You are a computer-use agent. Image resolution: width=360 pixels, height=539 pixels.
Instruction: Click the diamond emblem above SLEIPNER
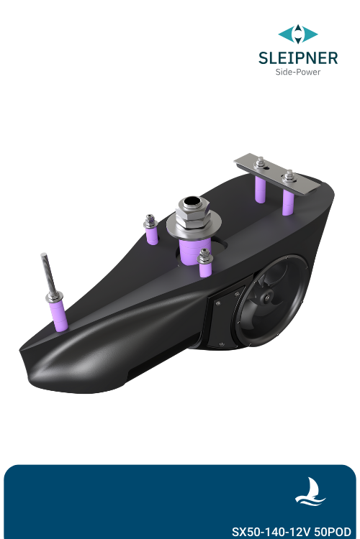298,33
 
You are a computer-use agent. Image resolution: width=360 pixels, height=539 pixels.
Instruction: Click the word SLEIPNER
297,57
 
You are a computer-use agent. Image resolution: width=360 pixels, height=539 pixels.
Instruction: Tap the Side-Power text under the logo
298,72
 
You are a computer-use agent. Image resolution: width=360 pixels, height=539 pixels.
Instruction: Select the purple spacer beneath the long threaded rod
57,315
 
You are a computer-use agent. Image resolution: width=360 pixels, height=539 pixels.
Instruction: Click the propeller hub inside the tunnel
268,297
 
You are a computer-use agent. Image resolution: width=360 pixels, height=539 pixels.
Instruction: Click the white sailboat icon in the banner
311,492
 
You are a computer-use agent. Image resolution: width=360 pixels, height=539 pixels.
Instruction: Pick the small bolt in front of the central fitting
204,256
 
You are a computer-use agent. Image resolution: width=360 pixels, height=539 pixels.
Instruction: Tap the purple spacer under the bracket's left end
260,190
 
